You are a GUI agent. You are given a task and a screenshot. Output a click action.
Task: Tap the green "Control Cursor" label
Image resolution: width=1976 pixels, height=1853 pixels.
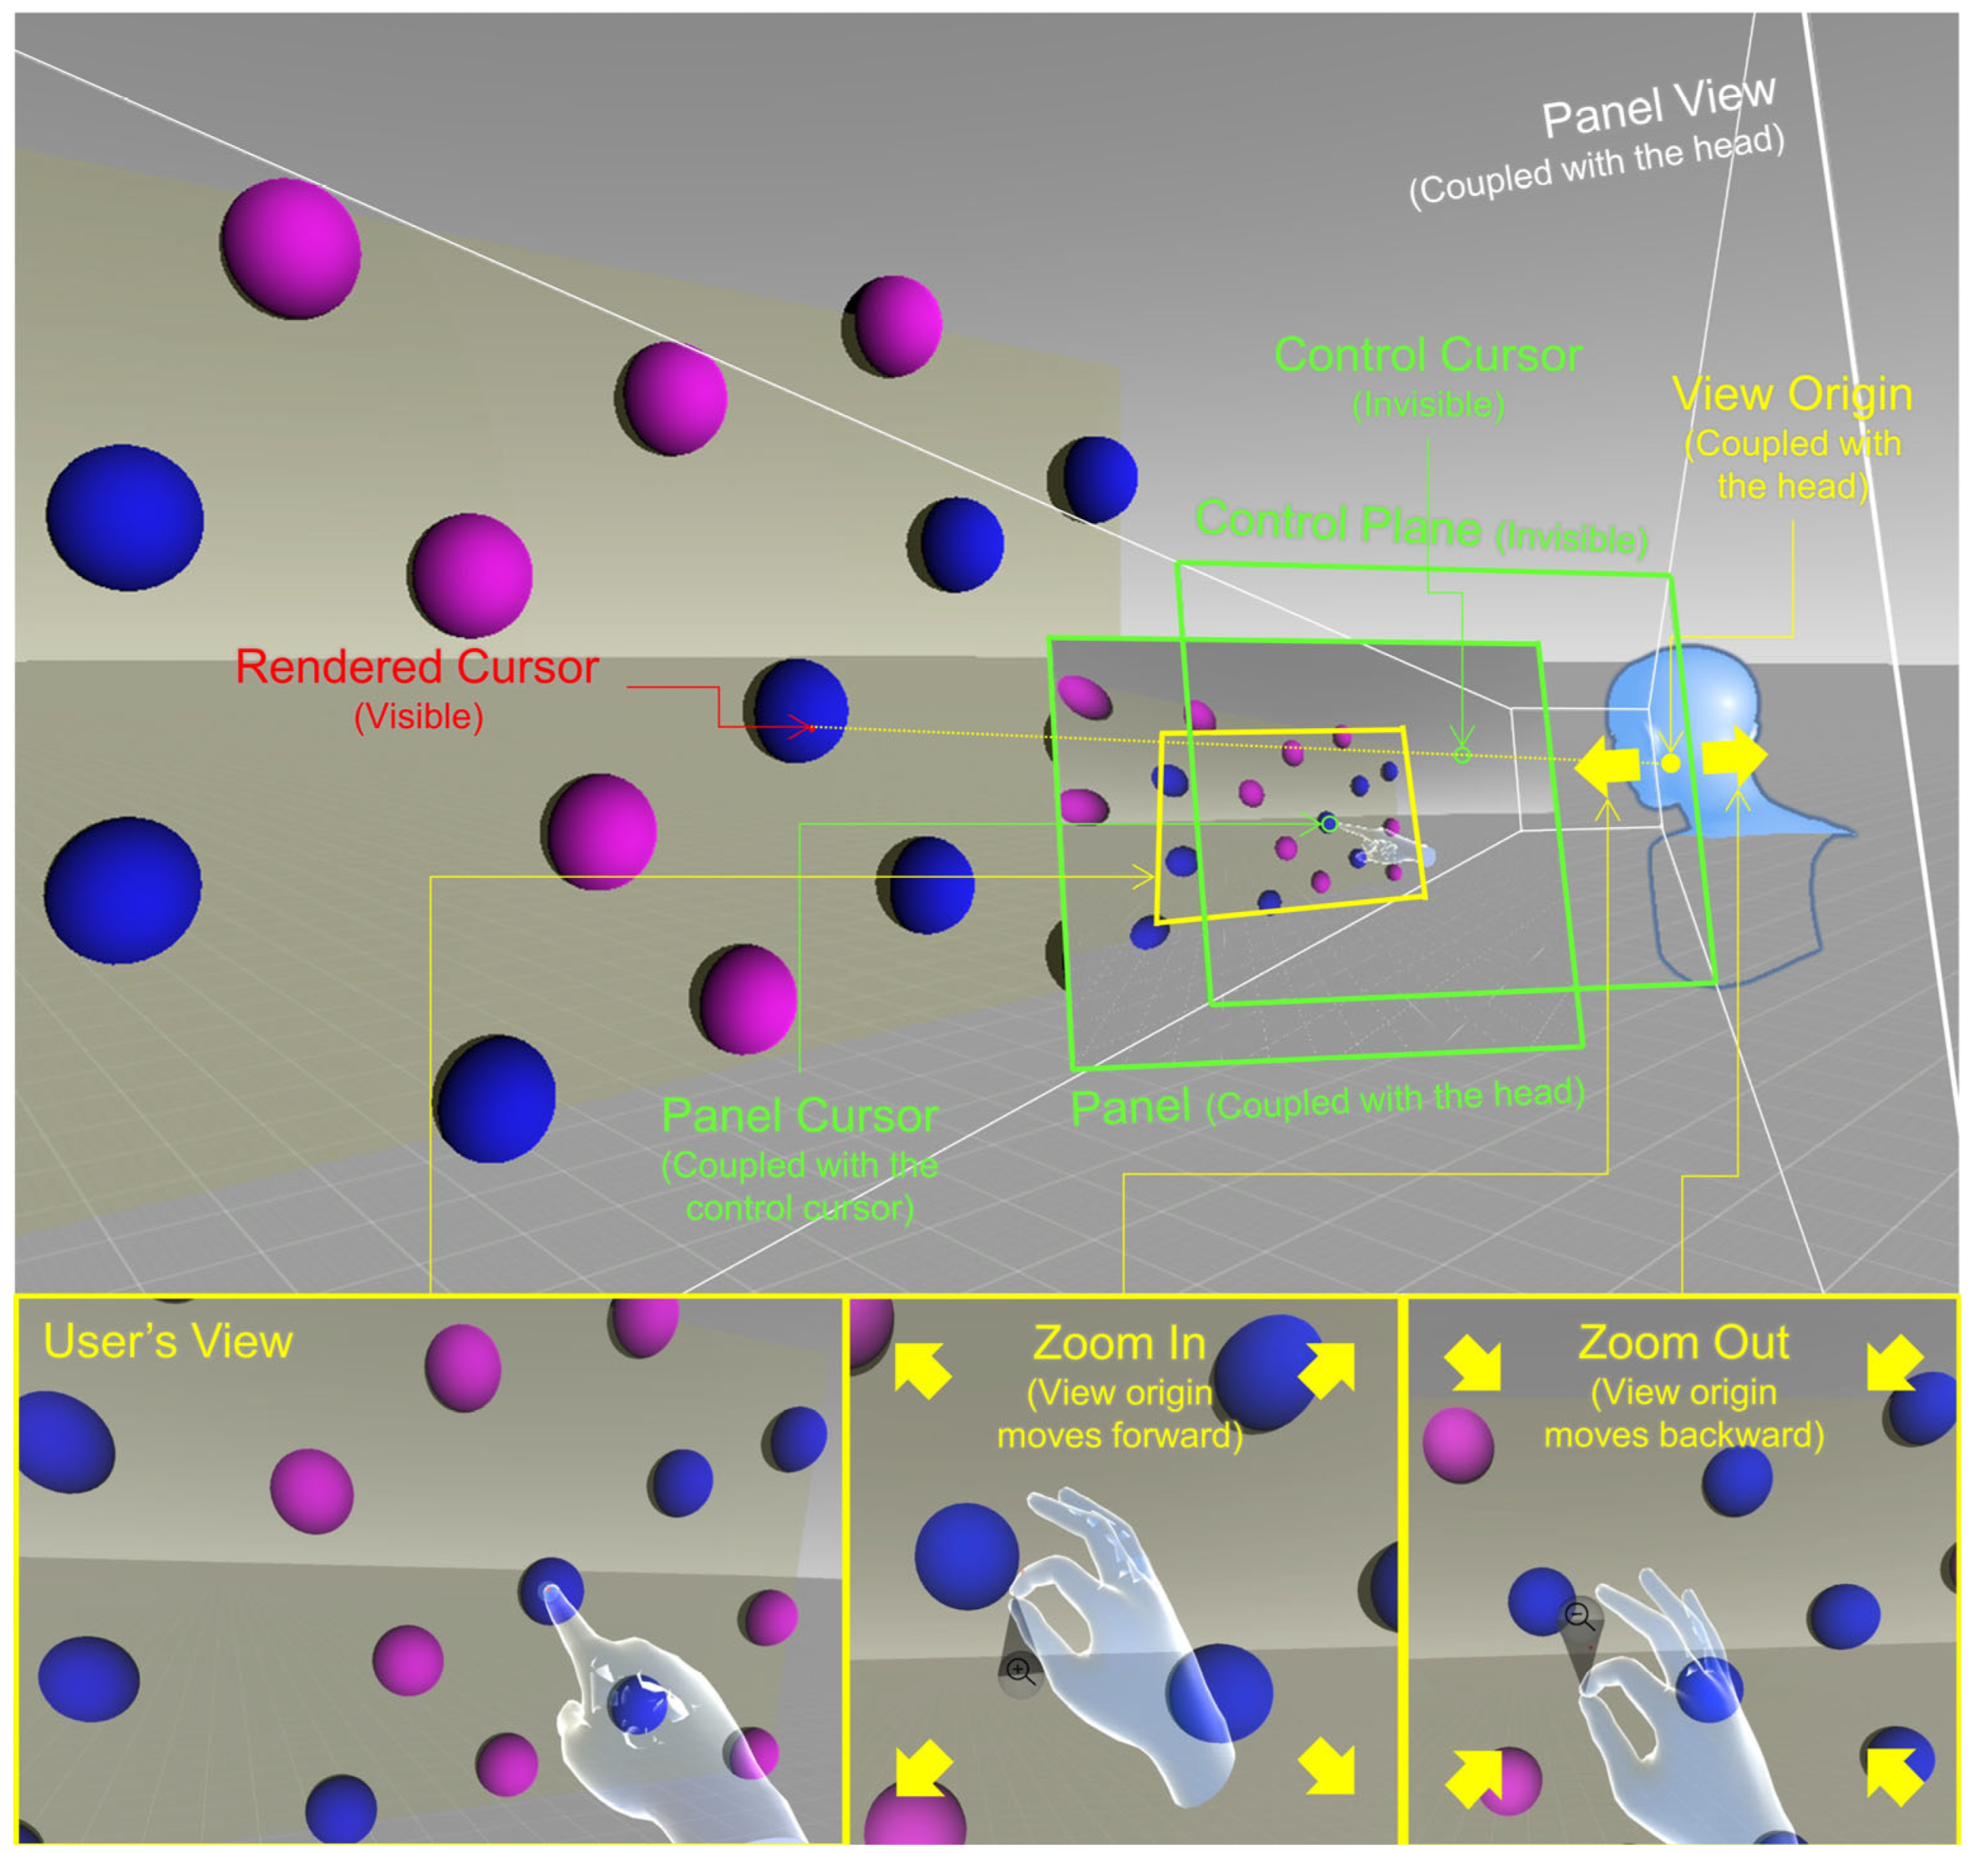1428,355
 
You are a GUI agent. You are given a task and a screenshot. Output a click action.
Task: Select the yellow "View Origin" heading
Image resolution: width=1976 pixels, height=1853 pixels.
1791,395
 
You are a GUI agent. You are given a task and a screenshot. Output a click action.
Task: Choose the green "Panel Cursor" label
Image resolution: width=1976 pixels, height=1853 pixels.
799,1115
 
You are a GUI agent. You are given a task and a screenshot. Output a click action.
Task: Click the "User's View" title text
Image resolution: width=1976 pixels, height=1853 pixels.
168,1341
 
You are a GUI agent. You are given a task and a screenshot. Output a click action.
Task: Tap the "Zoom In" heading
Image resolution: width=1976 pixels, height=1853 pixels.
1119,1344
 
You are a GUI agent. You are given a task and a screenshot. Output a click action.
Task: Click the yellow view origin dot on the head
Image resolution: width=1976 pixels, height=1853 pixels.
1671,763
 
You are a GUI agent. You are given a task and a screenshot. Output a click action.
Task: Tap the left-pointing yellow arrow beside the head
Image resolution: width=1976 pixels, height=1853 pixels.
1605,765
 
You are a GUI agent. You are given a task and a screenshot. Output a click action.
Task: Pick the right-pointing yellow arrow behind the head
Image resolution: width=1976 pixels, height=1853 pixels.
1734,756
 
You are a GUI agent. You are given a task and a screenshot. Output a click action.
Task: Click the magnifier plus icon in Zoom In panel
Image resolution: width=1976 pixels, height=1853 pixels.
1019,1669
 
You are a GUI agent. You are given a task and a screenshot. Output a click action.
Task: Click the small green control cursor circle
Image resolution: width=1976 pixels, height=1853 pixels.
1461,755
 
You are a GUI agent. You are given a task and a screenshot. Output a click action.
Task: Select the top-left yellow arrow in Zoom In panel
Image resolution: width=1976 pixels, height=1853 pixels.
921,1371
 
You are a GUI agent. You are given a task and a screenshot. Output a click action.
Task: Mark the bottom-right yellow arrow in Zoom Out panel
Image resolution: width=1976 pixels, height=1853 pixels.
1894,1775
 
